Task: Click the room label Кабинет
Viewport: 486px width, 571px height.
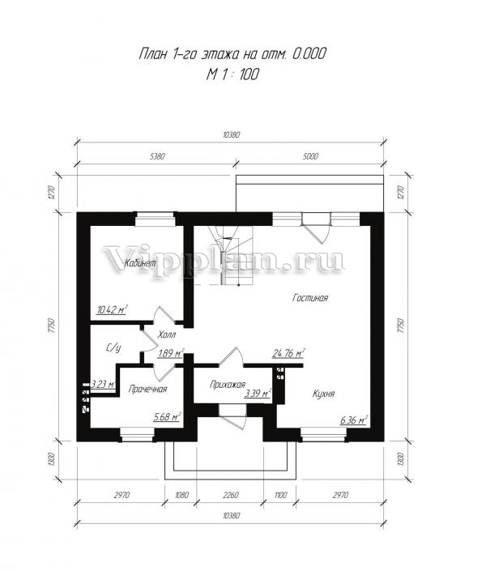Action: click(140, 263)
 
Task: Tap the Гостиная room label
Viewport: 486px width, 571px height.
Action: click(310, 298)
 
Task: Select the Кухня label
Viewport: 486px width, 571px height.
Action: click(323, 394)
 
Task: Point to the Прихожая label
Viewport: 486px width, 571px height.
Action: click(228, 385)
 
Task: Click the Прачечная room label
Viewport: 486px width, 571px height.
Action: click(148, 390)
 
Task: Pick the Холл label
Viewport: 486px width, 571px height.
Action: click(167, 335)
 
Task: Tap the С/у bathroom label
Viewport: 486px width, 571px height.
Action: click(113, 348)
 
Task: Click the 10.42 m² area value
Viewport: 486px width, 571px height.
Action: click(112, 310)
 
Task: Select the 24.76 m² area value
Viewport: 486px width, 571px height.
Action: click(288, 353)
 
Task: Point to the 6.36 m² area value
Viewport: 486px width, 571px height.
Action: click(353, 420)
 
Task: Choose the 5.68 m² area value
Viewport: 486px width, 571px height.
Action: click(168, 416)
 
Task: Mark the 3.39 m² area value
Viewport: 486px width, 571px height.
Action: click(258, 394)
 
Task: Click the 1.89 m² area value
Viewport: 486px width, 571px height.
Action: click(171, 353)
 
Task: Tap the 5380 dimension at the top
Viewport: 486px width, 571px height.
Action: click(157, 156)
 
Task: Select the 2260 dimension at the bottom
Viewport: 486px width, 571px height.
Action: click(231, 495)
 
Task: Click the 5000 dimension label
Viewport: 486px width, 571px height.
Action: click(310, 156)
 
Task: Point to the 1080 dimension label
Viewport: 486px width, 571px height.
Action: click(181, 495)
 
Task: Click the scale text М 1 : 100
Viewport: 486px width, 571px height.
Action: click(232, 75)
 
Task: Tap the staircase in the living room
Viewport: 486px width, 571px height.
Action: click(231, 256)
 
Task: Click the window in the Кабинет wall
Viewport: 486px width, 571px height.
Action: click(155, 219)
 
